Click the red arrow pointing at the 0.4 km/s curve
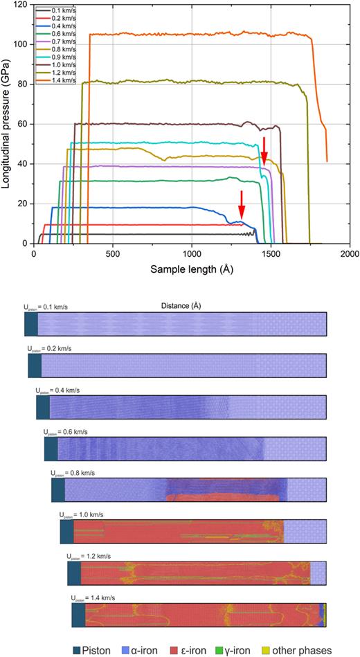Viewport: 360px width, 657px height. [241, 204]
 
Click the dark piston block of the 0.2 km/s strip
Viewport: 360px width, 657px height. [35, 365]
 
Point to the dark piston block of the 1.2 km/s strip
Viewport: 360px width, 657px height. [74, 573]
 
